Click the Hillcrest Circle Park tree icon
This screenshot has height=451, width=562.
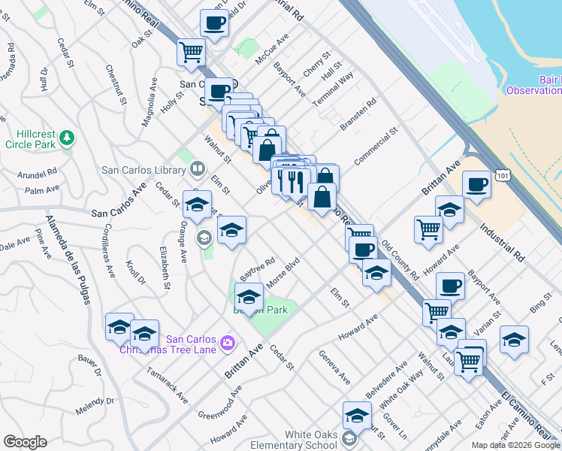pyautogui.click(x=68, y=137)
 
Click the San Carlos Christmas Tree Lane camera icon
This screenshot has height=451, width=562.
pyautogui.click(x=228, y=344)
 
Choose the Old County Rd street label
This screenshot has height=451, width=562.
pyautogui.click(x=400, y=260)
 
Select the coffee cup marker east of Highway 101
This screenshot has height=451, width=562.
pyautogui.click(x=476, y=184)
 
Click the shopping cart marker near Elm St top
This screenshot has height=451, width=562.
pyautogui.click(x=192, y=53)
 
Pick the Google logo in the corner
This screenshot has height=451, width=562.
pyautogui.click(x=25, y=442)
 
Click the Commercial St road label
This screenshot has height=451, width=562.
pyautogui.click(x=376, y=149)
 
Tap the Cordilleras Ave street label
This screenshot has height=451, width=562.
pyautogui.click(x=108, y=251)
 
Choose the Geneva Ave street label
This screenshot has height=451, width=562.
pyautogui.click(x=334, y=367)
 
